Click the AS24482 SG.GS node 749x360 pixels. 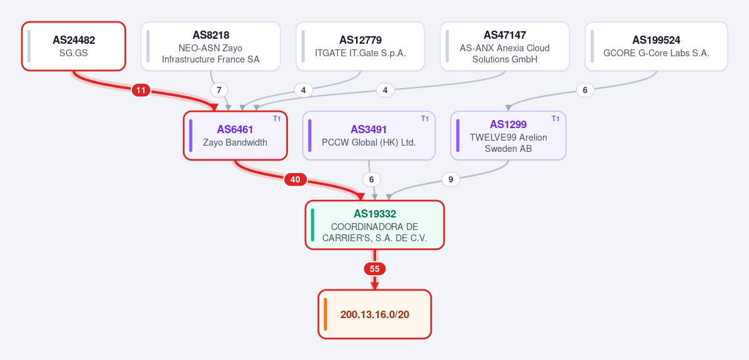point(74,46)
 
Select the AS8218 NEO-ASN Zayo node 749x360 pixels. point(211,46)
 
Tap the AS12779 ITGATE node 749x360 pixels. point(360,46)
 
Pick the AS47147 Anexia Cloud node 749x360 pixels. point(505,46)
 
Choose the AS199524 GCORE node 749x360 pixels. point(657,46)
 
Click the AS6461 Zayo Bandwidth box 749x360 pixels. point(235,135)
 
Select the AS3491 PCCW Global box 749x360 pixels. point(369,135)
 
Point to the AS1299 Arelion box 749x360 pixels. point(508,135)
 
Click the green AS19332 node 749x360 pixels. point(375,225)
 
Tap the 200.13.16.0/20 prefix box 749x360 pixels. point(375,314)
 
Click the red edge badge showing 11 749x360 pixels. point(141,90)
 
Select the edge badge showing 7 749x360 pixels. point(219,90)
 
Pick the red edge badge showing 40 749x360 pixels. point(295,180)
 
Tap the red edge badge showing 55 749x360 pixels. point(375,269)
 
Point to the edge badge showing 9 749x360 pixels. point(450,180)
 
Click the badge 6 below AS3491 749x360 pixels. point(372,180)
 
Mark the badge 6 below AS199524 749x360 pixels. point(585,90)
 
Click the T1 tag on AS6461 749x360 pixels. point(277,119)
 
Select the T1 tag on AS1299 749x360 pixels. point(555,119)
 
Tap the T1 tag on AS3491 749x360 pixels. point(425,119)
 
